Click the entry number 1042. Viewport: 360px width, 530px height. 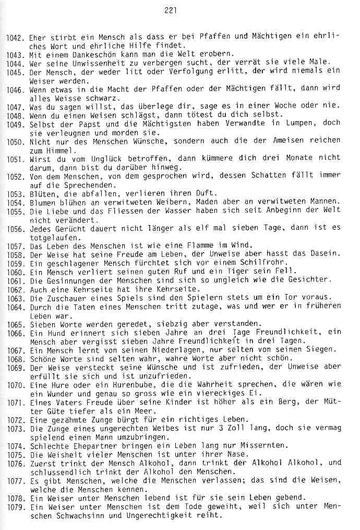pyautogui.click(x=16, y=38)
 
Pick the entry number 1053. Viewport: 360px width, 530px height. pyautogui.click(x=16, y=194)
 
